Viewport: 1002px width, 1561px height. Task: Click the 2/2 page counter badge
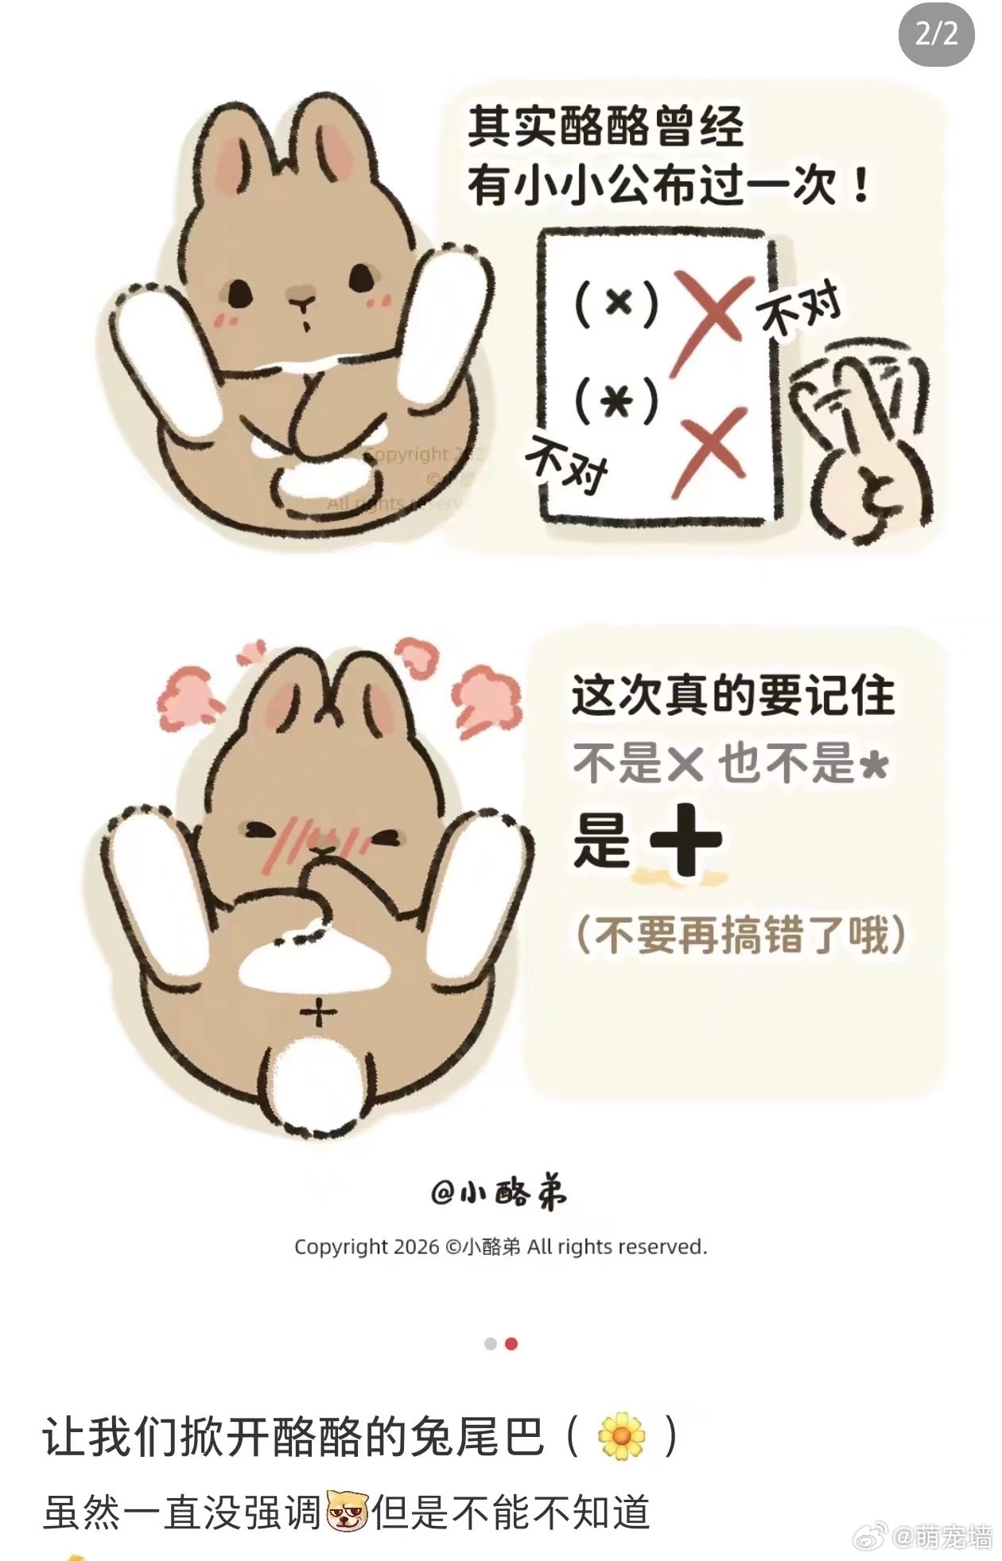point(936,34)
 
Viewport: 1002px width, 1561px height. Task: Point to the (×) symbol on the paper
point(616,303)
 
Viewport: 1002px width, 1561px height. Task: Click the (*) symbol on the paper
point(616,400)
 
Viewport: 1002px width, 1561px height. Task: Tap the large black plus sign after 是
point(686,840)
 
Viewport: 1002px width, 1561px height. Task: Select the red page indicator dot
point(511,1343)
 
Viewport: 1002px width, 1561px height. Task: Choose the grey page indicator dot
point(491,1343)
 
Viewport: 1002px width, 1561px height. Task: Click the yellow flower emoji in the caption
point(621,1435)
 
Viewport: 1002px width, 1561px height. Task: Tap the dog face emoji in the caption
point(348,1512)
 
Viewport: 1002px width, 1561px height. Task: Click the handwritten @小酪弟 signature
point(499,1194)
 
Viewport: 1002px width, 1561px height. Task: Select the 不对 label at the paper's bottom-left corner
point(566,463)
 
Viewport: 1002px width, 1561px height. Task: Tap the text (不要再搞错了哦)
point(740,934)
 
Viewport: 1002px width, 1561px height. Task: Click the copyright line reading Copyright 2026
point(500,1246)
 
